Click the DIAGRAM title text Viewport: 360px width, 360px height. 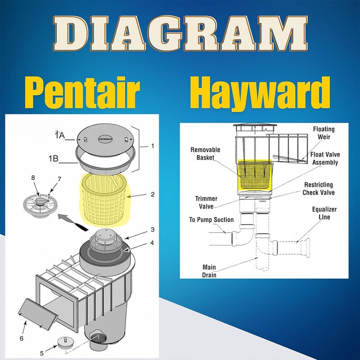[x=180, y=33]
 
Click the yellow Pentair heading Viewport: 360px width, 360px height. [x=82, y=93]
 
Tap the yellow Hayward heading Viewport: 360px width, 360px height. [x=260, y=93]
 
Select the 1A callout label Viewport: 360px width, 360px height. [x=60, y=135]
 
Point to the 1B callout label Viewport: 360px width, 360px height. [x=54, y=158]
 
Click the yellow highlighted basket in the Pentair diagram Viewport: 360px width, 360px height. [x=105, y=199]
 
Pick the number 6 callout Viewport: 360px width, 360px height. [x=22, y=338]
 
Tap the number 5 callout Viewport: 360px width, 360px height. [x=42, y=353]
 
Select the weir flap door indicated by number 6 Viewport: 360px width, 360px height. [x=38, y=314]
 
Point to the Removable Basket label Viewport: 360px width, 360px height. [x=205, y=154]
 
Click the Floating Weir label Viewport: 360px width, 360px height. [x=324, y=133]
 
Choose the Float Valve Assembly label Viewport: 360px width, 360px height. [x=325, y=158]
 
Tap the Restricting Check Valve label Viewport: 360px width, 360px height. [x=319, y=189]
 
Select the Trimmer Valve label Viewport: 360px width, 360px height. [x=206, y=202]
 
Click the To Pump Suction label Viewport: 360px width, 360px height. [x=211, y=220]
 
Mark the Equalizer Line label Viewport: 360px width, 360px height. [x=324, y=213]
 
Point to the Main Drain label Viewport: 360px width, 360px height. [x=209, y=271]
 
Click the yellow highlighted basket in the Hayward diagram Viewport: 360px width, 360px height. [x=255, y=175]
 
